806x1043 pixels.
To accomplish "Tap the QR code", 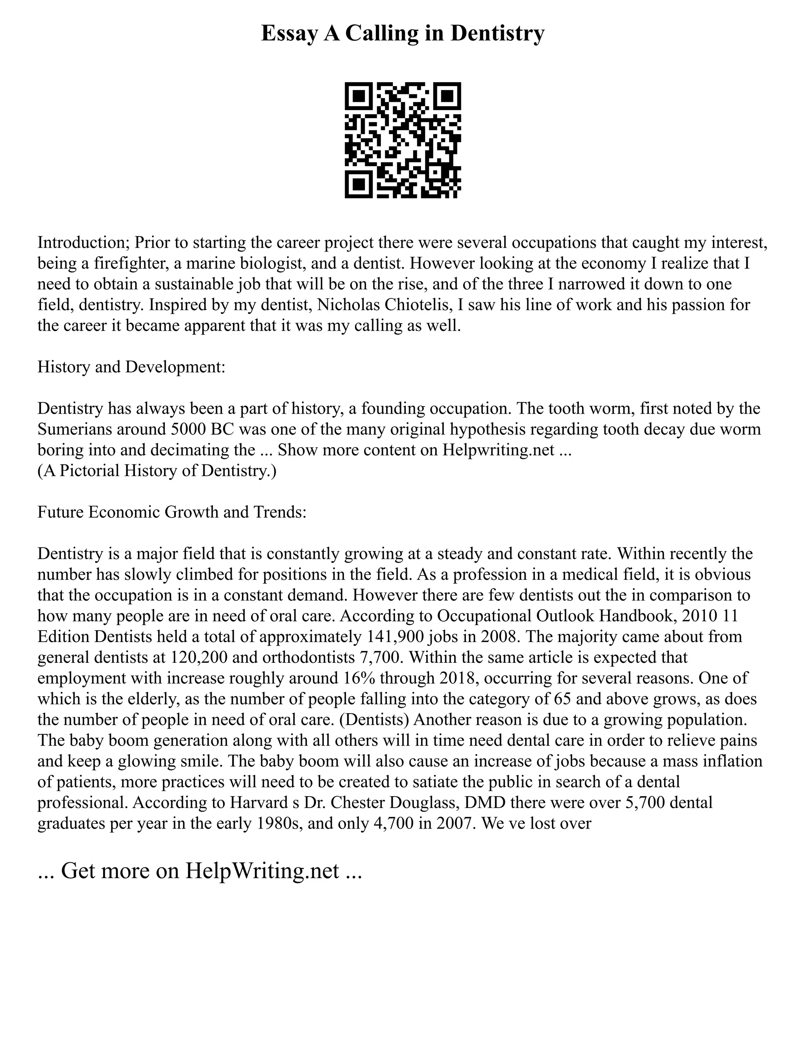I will point(403,141).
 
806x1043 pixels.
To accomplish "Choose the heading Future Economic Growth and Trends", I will point(172,512).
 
